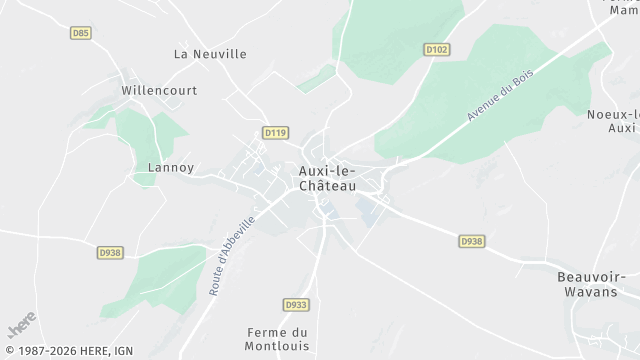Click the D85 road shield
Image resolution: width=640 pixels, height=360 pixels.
[81, 33]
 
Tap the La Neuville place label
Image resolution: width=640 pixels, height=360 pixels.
[210, 54]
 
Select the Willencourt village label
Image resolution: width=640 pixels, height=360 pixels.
[159, 90]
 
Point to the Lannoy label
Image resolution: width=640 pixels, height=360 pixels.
[170, 167]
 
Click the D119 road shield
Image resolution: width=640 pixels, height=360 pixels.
[276, 132]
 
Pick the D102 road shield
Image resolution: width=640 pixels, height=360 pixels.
[436, 48]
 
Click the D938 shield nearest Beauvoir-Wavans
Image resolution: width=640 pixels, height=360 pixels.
[472, 241]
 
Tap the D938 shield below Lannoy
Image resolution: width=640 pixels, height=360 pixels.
[110, 253]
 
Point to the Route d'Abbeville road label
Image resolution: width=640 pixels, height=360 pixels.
[230, 255]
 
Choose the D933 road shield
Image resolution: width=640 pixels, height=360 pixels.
[295, 304]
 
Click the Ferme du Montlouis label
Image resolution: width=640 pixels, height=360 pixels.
[280, 339]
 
